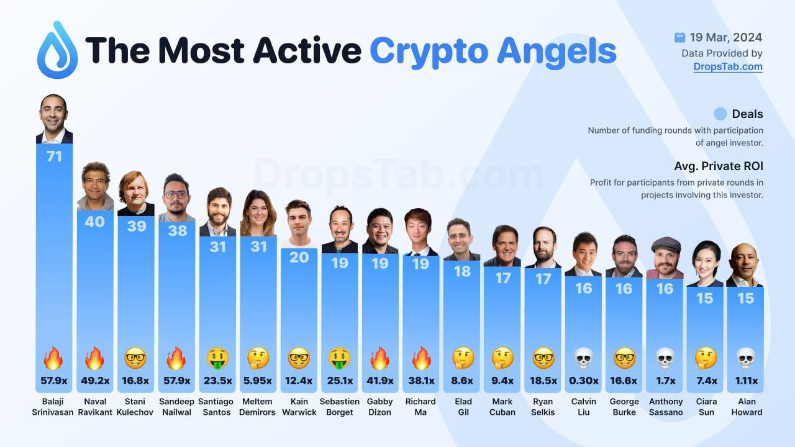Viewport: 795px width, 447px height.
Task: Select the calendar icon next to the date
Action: coord(679,38)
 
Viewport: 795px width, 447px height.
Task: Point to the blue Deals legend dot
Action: coord(720,114)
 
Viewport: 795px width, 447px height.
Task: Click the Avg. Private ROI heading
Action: coord(719,166)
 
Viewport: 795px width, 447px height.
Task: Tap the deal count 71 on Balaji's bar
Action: coord(54,156)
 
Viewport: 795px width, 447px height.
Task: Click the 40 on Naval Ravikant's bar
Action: coord(94,221)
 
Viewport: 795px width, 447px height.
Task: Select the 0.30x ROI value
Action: coord(583,381)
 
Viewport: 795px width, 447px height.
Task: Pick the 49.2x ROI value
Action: coord(94,381)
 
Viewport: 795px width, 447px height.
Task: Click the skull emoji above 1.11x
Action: coord(745,358)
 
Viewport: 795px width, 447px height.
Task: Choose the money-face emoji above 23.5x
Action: coord(217,358)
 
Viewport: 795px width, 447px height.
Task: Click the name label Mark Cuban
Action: coord(502,407)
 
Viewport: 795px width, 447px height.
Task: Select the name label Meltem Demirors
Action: coord(258,407)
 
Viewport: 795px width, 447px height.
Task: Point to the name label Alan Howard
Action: coord(746,407)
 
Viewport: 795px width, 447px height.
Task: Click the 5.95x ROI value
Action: coord(258,381)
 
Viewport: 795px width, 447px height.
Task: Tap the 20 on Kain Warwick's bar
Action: coord(299,257)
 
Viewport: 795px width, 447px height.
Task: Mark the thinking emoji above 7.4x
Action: coord(704,358)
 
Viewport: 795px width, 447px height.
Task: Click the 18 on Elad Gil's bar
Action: coord(462,271)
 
